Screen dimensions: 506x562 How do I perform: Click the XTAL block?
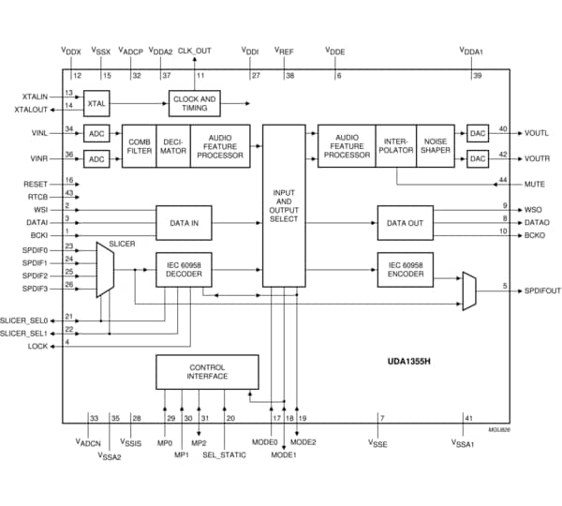96,102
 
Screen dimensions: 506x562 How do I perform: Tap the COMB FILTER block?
139,145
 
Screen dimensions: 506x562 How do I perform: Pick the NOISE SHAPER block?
436,145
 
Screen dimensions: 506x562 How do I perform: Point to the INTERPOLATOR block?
394,145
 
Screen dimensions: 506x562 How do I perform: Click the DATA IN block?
184,223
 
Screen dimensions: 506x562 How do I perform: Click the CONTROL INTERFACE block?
207,372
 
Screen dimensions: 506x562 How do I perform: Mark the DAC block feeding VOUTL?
479,133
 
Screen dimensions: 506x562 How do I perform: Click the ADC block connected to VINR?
96,159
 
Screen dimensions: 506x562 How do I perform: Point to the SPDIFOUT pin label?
542,290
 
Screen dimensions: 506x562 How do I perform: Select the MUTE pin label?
535,185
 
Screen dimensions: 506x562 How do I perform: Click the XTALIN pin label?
36,96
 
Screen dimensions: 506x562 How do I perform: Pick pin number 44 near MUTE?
503,179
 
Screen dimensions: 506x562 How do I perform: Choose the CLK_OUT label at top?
195,51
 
